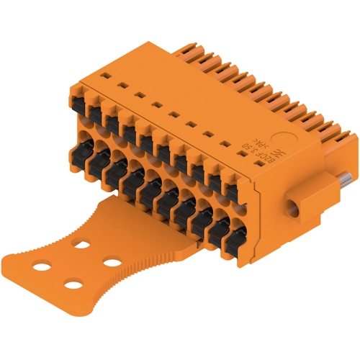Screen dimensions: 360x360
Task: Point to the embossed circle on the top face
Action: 287,138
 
